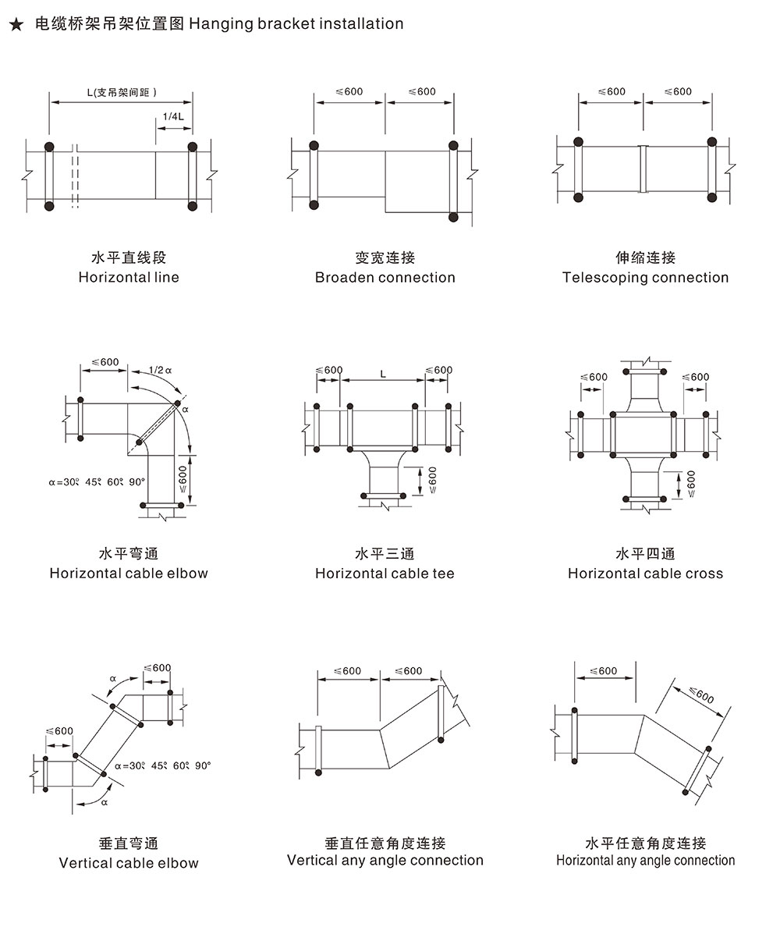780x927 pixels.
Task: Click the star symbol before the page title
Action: click(x=16, y=24)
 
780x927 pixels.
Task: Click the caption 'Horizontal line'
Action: click(x=129, y=277)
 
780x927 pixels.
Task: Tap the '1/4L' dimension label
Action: click(x=172, y=117)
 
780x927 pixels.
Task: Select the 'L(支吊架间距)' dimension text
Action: click(x=122, y=92)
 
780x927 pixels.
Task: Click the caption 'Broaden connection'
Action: click(x=385, y=277)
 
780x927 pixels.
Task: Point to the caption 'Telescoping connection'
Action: click(x=645, y=277)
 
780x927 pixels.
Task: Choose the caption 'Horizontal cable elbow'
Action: click(x=129, y=574)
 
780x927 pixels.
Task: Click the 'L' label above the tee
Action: click(x=382, y=374)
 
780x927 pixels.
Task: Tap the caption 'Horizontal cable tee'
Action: click(x=385, y=574)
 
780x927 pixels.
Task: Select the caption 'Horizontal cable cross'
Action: click(x=645, y=574)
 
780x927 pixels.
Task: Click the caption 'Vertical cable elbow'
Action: click(x=129, y=863)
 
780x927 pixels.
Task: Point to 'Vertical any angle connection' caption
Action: click(x=385, y=860)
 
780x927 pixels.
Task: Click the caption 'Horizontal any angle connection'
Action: click(x=645, y=860)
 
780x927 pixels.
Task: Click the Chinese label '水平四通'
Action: click(x=645, y=554)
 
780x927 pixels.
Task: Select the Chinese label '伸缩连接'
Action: click(x=645, y=257)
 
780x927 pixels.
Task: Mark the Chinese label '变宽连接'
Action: click(x=385, y=257)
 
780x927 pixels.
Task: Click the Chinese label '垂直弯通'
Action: click(x=129, y=844)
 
